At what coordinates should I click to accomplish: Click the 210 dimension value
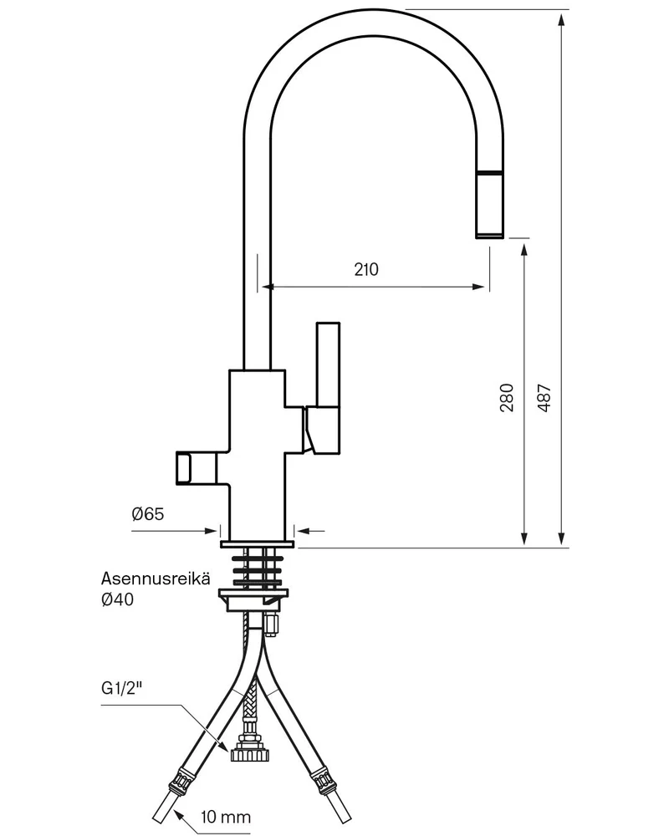366,269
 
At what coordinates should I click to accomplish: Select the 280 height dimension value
507,397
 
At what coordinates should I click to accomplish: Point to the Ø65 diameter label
148,514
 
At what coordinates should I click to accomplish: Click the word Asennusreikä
156,579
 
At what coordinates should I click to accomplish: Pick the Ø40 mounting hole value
117,599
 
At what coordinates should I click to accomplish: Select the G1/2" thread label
122,688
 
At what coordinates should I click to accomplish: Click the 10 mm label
226,816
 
